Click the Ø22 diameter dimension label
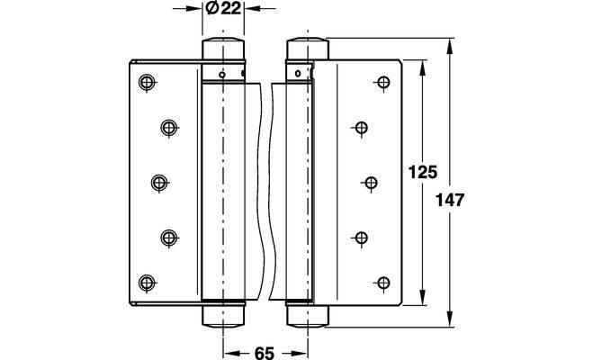click(220, 10)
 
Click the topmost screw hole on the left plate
click(147, 84)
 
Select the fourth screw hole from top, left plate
click(168, 237)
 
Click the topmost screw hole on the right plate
click(382, 84)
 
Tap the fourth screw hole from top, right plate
click(361, 238)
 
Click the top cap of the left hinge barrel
click(221, 49)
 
